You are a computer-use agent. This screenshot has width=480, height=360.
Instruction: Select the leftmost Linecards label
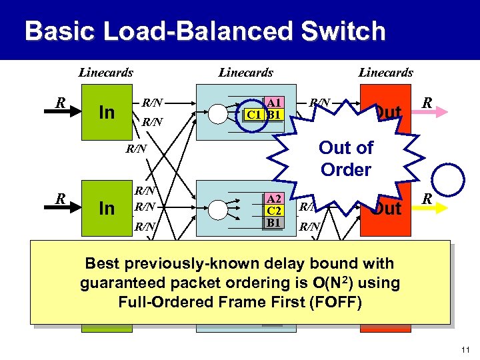click(x=106, y=73)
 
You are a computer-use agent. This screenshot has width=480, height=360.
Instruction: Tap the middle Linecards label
click(x=246, y=73)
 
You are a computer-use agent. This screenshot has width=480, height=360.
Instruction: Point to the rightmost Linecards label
click(x=386, y=73)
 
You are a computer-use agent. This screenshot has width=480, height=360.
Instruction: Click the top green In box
click(x=107, y=112)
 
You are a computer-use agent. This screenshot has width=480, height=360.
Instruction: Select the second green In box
click(x=107, y=209)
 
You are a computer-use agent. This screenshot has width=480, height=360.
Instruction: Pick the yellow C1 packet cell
click(x=254, y=115)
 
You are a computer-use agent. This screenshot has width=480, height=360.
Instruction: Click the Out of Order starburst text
click(x=345, y=158)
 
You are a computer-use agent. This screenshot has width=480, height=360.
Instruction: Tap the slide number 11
click(x=466, y=349)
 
